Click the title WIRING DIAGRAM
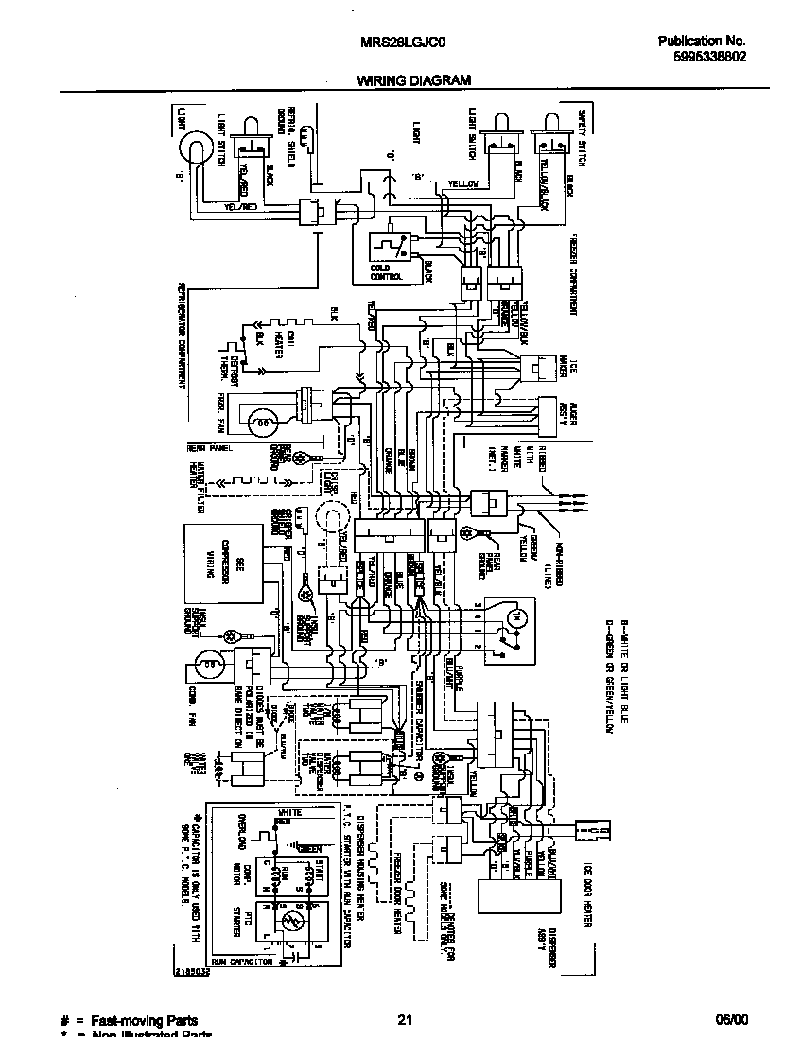pos(413,81)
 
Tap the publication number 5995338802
pos(703,57)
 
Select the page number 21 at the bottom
pos(405,1020)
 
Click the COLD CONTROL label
pos(388,273)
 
